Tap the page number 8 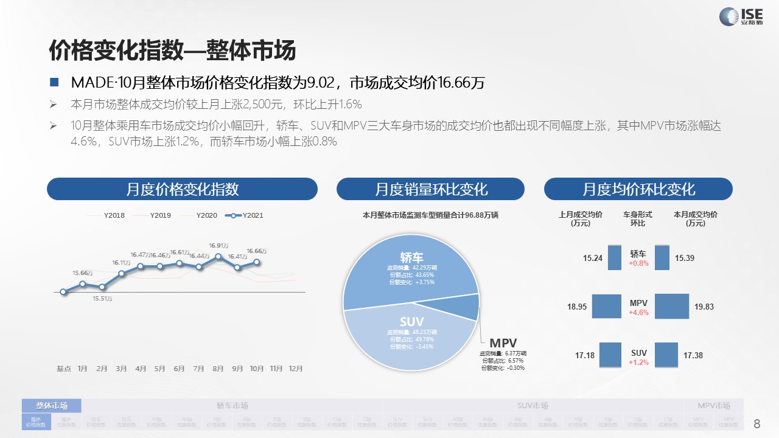pyautogui.click(x=757, y=423)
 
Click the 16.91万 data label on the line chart pyautogui.click(x=218, y=246)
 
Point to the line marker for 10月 pyautogui.click(x=257, y=262)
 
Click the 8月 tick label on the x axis pyautogui.click(x=218, y=369)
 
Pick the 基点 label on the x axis pyautogui.click(x=64, y=369)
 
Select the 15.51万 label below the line pyautogui.click(x=102, y=299)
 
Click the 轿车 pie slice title pyautogui.click(x=412, y=257)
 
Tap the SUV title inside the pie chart pyautogui.click(x=411, y=321)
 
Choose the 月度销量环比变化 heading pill pyautogui.click(x=430, y=189)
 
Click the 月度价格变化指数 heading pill pyautogui.click(x=182, y=189)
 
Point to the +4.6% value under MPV pyautogui.click(x=638, y=313)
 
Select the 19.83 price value pyautogui.click(x=704, y=307)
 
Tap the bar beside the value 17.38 pyautogui.click(x=666, y=355)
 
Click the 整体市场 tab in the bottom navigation pyautogui.click(x=52, y=406)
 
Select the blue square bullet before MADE pyautogui.click(x=54, y=82)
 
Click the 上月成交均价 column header pyautogui.click(x=581, y=218)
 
